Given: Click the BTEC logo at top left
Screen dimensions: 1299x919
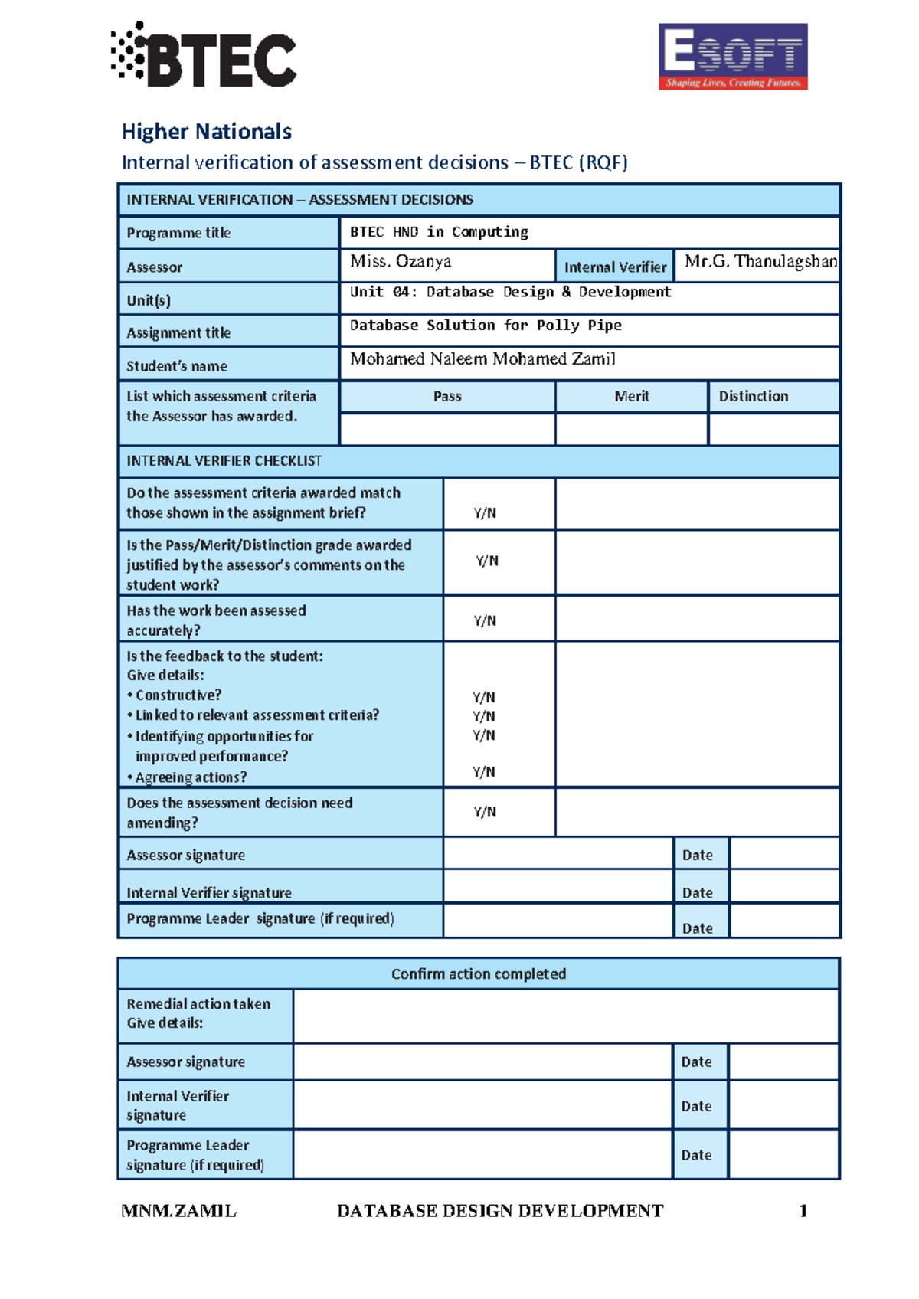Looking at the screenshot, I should [x=204, y=55].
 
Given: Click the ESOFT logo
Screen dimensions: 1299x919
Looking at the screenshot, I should [x=733, y=57].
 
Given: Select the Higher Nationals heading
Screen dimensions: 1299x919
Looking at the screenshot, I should [x=206, y=132].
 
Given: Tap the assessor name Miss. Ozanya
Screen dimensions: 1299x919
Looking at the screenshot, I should [x=401, y=261].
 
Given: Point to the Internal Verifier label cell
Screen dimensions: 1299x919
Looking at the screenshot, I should [x=615, y=267].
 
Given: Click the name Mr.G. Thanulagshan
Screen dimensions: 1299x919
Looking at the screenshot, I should [x=760, y=261].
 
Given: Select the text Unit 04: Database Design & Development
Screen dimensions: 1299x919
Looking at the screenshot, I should [x=510, y=292].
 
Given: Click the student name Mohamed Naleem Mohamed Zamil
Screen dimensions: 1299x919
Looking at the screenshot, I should [x=482, y=358].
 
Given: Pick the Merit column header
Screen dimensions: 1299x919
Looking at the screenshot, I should [x=631, y=396].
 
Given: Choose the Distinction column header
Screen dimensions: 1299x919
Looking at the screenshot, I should [x=753, y=396].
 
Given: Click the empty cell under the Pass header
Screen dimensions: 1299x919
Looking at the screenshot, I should [x=447, y=430].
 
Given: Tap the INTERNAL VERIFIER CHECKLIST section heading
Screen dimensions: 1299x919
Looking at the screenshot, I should [x=224, y=460].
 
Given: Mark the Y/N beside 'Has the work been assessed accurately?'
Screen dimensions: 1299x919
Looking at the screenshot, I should [x=485, y=620].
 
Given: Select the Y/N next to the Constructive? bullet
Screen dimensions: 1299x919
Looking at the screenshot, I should [x=483, y=697].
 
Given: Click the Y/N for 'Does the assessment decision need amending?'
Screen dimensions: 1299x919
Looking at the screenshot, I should [x=485, y=812].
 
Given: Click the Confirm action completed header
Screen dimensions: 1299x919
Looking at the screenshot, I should [x=479, y=973].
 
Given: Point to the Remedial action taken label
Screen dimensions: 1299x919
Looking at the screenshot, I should [x=198, y=1003].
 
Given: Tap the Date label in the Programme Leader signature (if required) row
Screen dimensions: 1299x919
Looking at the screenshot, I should [x=697, y=928].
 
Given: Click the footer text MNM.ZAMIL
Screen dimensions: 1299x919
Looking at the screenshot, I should [x=178, y=1211].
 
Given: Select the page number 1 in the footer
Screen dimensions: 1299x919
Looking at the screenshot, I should [x=803, y=1211].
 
